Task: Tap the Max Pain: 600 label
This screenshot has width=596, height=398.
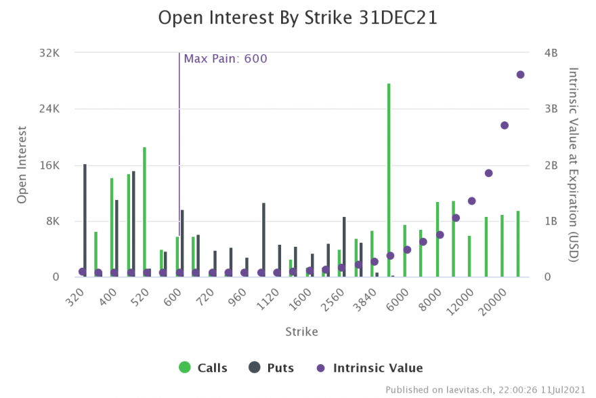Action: [226, 59]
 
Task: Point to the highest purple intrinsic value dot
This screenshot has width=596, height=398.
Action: [520, 75]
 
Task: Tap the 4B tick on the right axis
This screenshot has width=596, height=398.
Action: [550, 53]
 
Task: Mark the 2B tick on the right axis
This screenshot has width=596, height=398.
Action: [550, 165]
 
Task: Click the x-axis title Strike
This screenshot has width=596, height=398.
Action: [301, 332]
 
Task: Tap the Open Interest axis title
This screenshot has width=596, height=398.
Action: [22, 165]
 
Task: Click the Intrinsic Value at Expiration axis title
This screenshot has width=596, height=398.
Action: [573, 165]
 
